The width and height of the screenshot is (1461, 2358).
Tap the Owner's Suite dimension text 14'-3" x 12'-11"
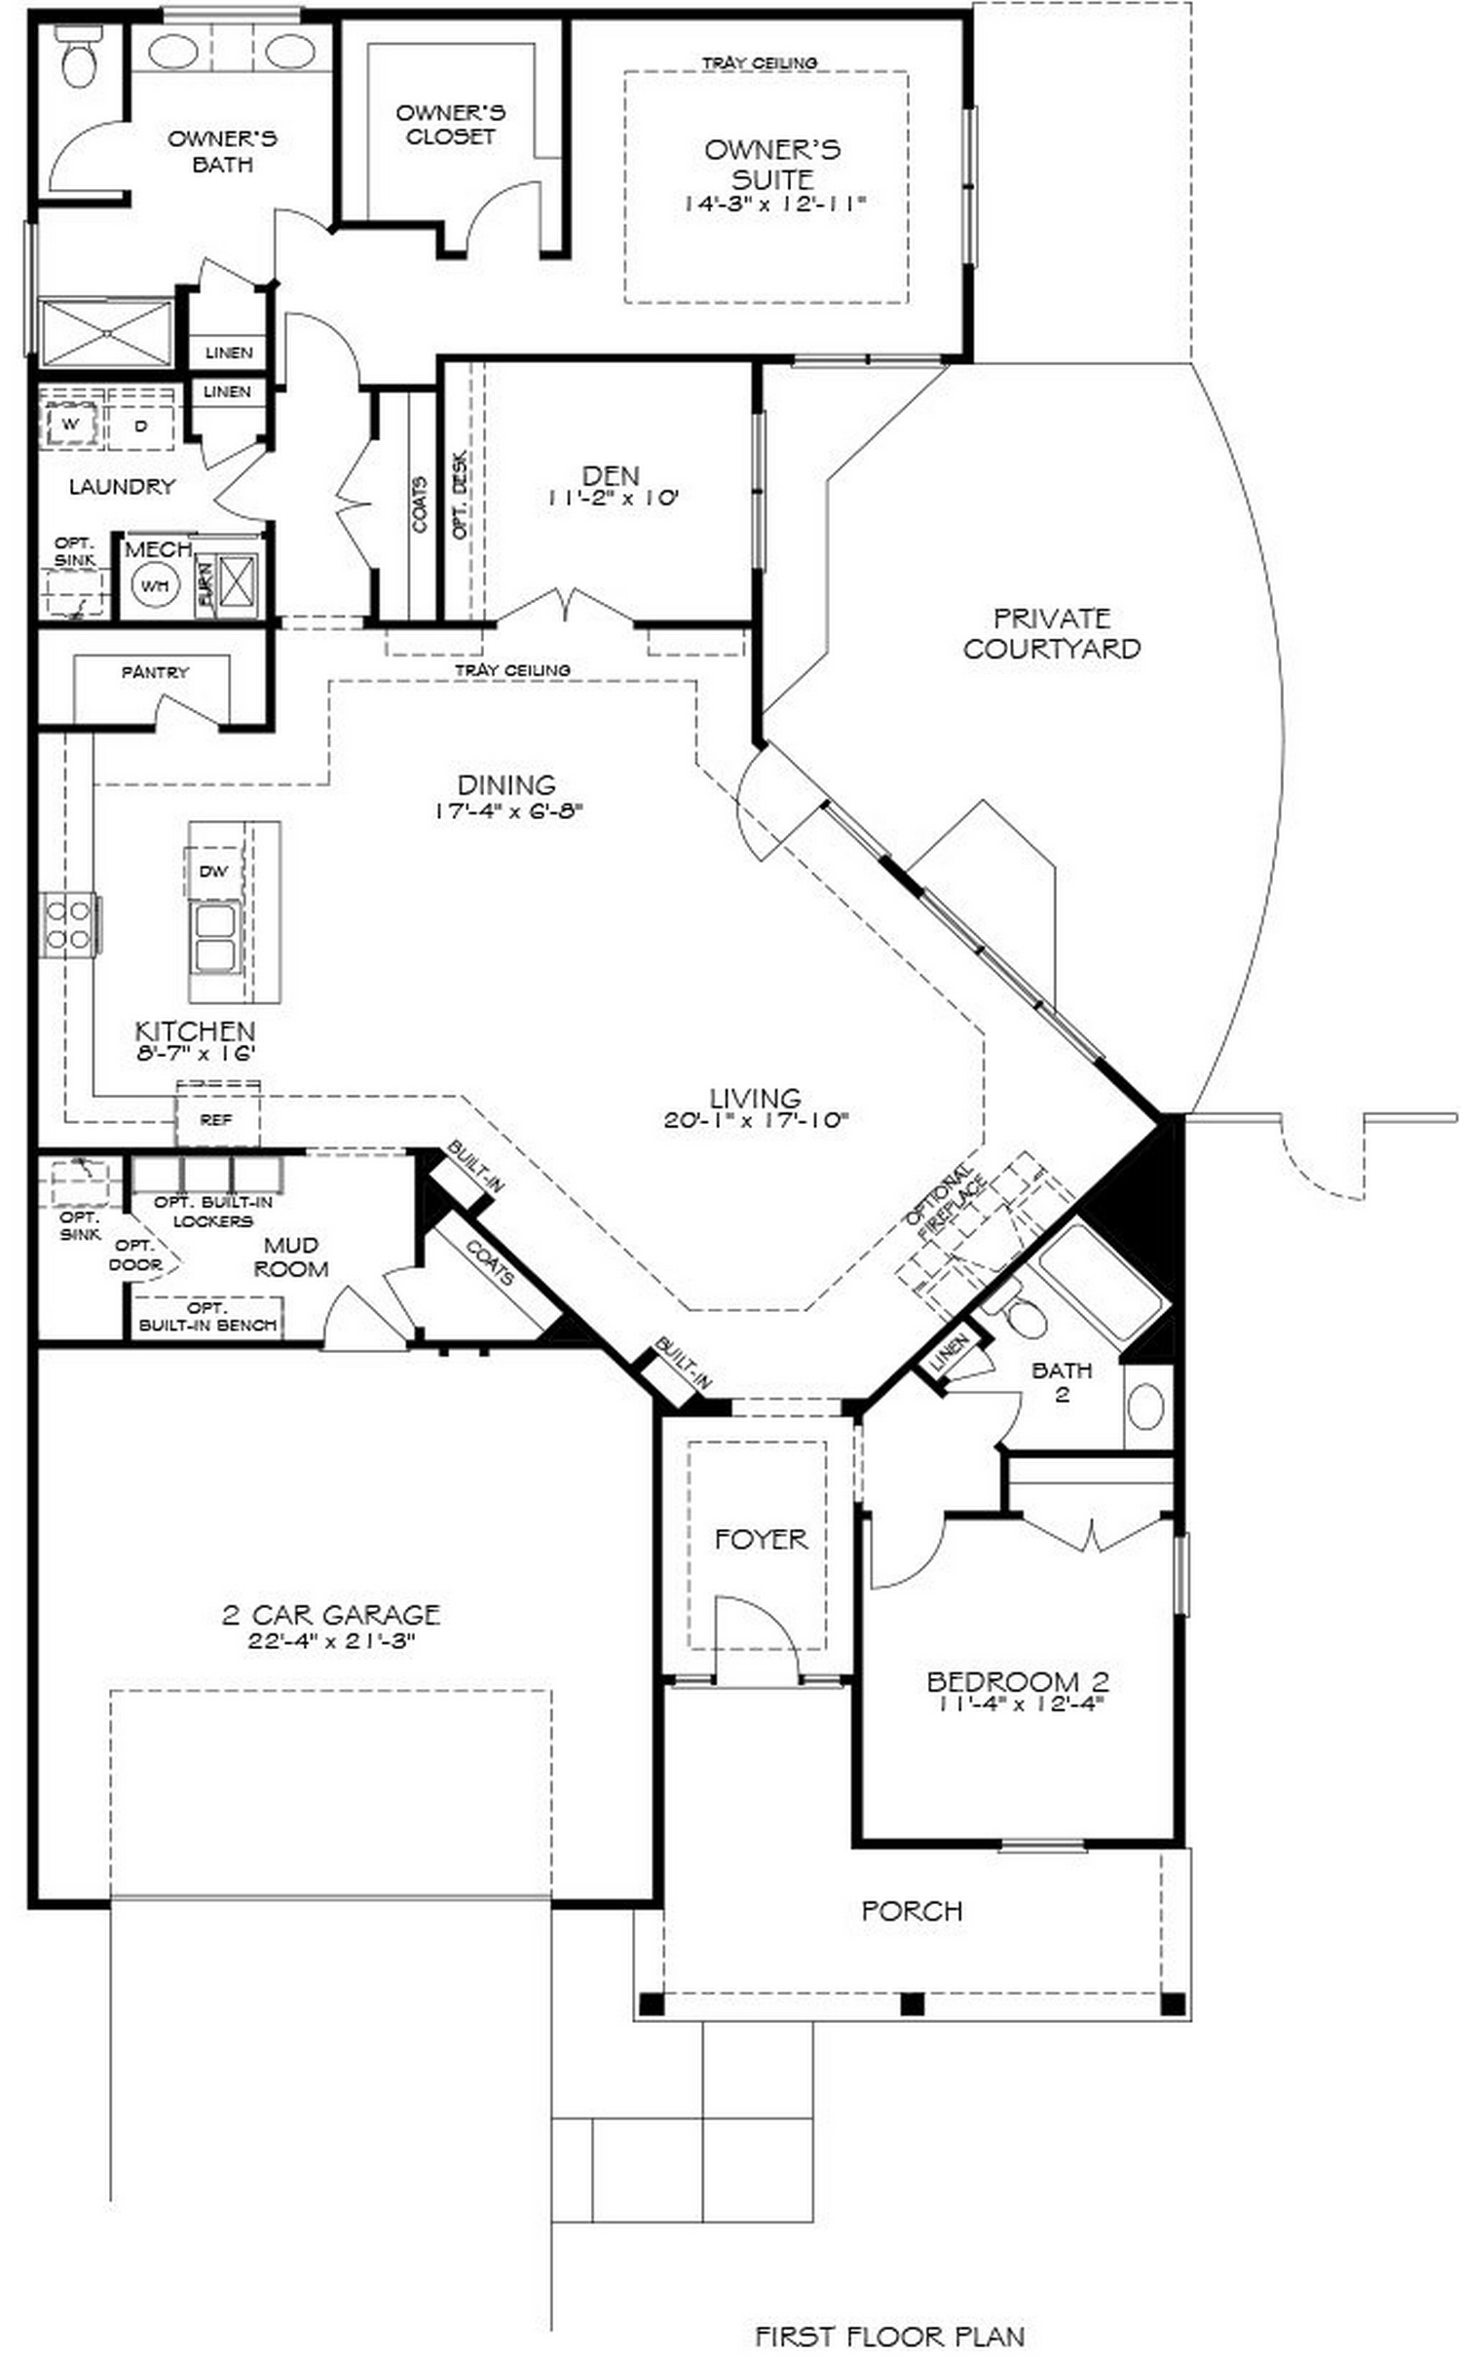[773, 205]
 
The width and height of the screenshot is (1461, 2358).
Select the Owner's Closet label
[450, 125]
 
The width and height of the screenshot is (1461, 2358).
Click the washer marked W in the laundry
[70, 425]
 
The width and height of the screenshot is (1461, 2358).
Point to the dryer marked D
[141, 425]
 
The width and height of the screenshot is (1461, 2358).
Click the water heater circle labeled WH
[155, 585]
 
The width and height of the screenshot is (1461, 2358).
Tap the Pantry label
[155, 672]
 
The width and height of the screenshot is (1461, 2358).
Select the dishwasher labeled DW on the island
[213, 871]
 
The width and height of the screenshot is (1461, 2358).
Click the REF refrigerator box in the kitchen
[216, 1119]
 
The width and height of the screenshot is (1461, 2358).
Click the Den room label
[611, 475]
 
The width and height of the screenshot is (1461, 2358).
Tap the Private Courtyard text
[1051, 633]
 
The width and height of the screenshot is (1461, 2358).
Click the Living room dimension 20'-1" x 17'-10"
[756, 1120]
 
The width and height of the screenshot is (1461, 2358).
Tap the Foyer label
[760, 1539]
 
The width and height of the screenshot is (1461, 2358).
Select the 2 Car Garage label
[331, 1615]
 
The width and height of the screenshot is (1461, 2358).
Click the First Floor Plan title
[889, 2336]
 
